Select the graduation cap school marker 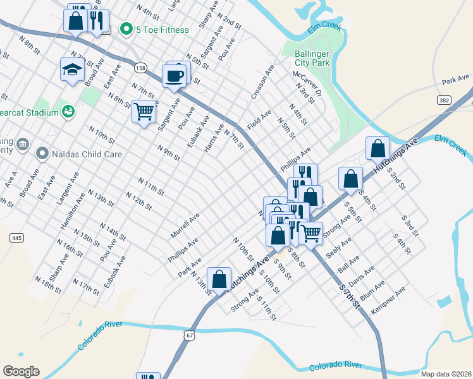[x=73, y=69]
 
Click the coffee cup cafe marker [x=175, y=76]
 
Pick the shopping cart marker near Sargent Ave [x=144, y=112]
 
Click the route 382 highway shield [x=443, y=100]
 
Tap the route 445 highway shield [x=17, y=238]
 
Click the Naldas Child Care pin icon [x=42, y=153]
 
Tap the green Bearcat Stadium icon [x=68, y=112]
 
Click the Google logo [x=21, y=371]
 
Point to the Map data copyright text [x=446, y=374]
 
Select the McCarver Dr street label [x=307, y=83]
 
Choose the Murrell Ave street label [x=185, y=225]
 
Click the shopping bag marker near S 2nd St [x=378, y=148]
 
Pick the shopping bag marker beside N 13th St [x=219, y=279]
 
